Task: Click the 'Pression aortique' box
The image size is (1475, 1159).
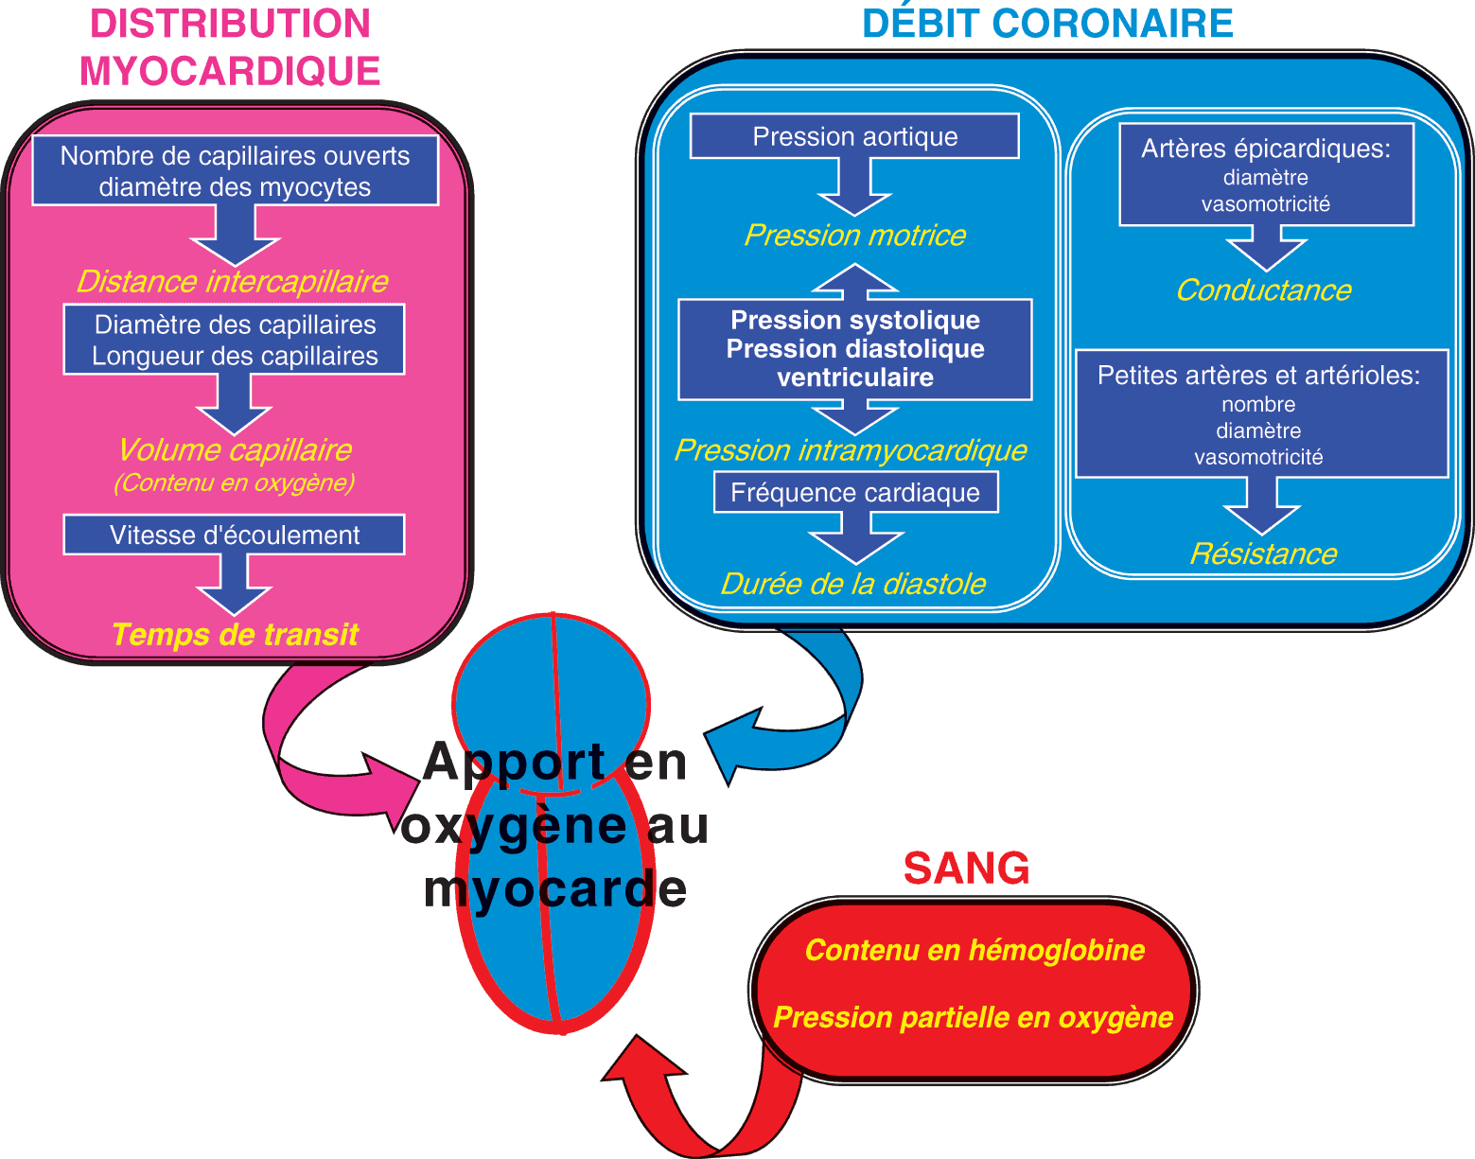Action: [x=854, y=136]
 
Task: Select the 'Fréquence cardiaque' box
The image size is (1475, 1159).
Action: [x=855, y=493]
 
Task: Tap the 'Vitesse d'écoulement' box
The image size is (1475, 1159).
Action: [x=234, y=535]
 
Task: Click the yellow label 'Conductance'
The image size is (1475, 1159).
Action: [x=1263, y=290]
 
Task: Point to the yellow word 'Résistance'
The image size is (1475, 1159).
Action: [x=1263, y=553]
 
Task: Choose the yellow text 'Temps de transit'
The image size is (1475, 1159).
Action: [x=235, y=634]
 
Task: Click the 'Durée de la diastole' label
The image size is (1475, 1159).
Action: [x=853, y=584]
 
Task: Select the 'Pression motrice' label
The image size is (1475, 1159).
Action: [x=854, y=235]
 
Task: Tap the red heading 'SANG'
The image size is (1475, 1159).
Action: [x=966, y=868]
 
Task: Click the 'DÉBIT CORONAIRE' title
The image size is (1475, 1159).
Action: [x=1047, y=24]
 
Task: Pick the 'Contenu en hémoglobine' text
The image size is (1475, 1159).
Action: [x=975, y=950]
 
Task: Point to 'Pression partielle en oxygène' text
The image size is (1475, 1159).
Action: [x=973, y=1017]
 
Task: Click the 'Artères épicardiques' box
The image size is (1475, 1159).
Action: [x=1266, y=175]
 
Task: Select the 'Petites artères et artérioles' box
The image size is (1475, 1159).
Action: [x=1261, y=414]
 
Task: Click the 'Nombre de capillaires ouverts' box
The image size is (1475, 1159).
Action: [x=235, y=170]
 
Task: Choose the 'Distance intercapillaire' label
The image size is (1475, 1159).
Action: [x=232, y=281]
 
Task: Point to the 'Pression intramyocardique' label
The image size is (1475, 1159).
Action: [x=851, y=449]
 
